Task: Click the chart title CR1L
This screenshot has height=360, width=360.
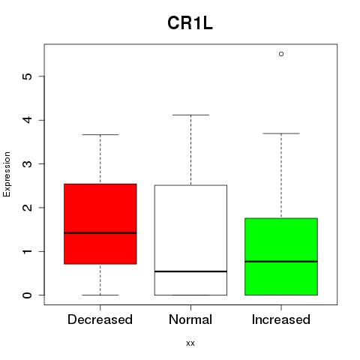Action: [190, 23]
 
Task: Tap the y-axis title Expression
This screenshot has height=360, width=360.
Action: [7, 174]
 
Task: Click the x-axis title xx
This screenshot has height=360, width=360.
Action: [190, 343]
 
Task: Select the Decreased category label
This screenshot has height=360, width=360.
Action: [100, 319]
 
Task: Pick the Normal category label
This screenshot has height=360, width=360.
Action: [190, 319]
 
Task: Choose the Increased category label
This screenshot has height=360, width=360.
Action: [281, 319]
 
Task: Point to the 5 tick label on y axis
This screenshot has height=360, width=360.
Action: [28, 76]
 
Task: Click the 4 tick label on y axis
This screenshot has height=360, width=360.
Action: [28, 120]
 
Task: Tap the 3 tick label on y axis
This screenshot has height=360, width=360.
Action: [28, 163]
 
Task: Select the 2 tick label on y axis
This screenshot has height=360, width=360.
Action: [28, 208]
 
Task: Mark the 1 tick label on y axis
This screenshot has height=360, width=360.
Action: [28, 251]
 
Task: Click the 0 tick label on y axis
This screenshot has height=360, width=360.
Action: [28, 295]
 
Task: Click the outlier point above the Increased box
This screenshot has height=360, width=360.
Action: [281, 54]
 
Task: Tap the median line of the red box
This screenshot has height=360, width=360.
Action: [100, 233]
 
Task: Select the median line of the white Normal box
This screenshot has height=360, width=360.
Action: [190, 271]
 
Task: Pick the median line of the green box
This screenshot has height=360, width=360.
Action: [281, 262]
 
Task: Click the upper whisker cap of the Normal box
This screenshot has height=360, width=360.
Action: [190, 115]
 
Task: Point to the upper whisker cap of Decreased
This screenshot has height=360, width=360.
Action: [100, 134]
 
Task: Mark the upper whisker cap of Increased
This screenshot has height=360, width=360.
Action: [281, 133]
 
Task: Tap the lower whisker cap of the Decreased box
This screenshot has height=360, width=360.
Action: [100, 295]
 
